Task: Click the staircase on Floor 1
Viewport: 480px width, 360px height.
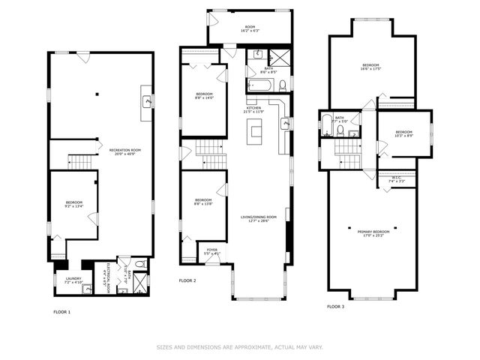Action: (x=79, y=161)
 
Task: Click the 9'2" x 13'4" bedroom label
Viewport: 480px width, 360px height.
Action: (x=73, y=205)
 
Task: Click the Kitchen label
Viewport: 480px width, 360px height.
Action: (x=254, y=110)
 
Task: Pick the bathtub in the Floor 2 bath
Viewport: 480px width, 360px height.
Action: (x=259, y=85)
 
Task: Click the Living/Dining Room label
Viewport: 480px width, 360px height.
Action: (x=259, y=219)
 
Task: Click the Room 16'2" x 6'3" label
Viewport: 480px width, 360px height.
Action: (x=250, y=28)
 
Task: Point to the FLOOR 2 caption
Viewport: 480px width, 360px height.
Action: (x=187, y=280)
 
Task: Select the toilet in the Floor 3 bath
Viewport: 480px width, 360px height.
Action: (x=340, y=130)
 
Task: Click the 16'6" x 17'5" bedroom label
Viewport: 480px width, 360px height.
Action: (x=373, y=67)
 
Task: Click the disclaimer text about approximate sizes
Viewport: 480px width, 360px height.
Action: (x=239, y=346)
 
